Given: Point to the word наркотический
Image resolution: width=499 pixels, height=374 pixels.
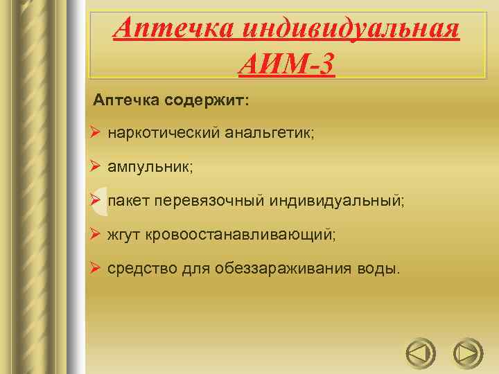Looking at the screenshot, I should tap(162, 132).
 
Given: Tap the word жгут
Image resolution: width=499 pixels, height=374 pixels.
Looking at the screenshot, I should tap(123, 235).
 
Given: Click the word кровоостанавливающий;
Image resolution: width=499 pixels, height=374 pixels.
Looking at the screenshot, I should tap(240, 235).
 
